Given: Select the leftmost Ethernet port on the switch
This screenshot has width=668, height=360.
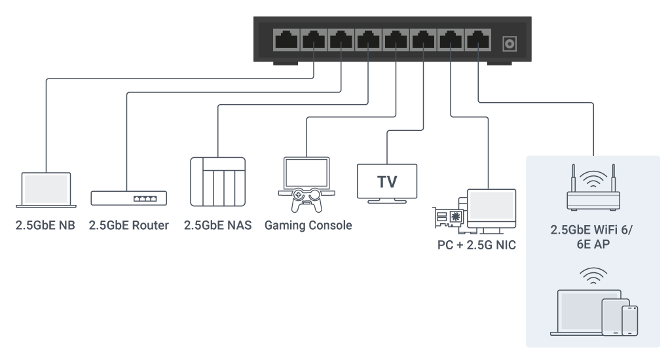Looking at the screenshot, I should click(286, 40).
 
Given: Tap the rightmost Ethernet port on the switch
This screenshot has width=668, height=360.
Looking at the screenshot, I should click(478, 40).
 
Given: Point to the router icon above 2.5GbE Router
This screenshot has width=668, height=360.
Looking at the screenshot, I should click(128, 198).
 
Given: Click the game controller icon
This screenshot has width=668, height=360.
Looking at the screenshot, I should click(306, 200).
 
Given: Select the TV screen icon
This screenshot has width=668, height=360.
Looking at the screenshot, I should click(387, 181).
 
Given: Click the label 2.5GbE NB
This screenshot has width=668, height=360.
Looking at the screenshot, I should click(45, 226).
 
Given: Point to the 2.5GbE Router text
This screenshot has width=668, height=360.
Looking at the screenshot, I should click(128, 226).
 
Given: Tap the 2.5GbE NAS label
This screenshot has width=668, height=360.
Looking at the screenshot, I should click(217, 226).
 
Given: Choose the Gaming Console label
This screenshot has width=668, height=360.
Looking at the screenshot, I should click(308, 226).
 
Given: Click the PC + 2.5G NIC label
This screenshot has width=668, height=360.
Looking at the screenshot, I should click(477, 245).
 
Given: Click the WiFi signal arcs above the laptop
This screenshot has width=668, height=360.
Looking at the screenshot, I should click(592, 276).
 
